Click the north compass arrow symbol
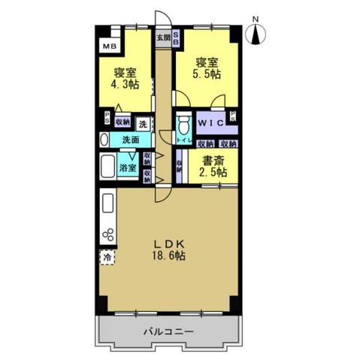[256, 32]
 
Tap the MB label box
[110, 45]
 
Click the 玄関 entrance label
[162, 36]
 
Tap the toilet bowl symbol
[182, 124]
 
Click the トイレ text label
[182, 141]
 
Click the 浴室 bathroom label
[129, 168]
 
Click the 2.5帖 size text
[211, 174]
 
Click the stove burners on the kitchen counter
[107, 233]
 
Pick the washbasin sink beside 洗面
[105, 139]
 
